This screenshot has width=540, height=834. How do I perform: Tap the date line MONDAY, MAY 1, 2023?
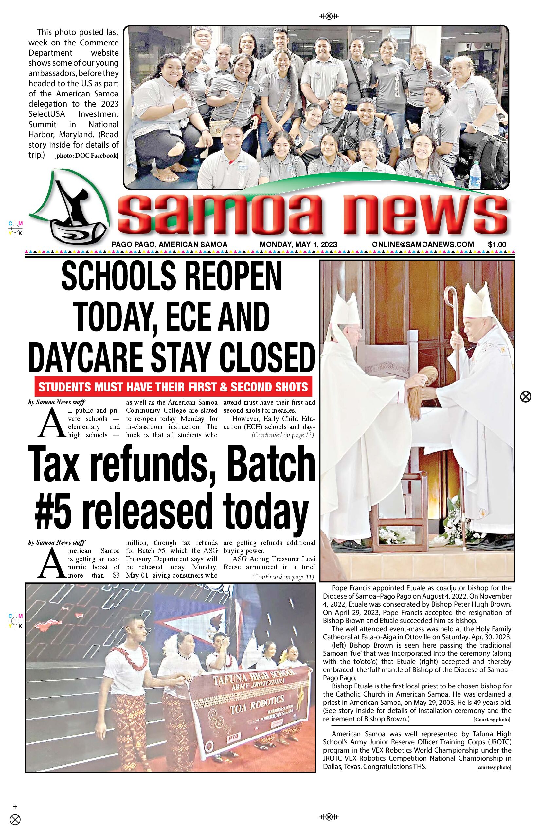coord(298,245)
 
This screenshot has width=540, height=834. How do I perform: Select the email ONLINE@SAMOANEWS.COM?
coord(423,245)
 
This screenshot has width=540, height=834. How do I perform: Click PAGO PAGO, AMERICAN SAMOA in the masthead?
coord(170,245)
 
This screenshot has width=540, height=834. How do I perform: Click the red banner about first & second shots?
coord(173,387)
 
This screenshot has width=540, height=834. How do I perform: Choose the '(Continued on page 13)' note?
coord(283,435)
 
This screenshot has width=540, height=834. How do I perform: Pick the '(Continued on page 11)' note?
coord(283,577)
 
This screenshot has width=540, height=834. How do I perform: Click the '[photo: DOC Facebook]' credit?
coord(86,156)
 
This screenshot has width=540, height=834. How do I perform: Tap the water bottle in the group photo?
coord(475,174)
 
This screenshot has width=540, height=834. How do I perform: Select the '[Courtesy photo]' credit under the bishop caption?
coord(492,720)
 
